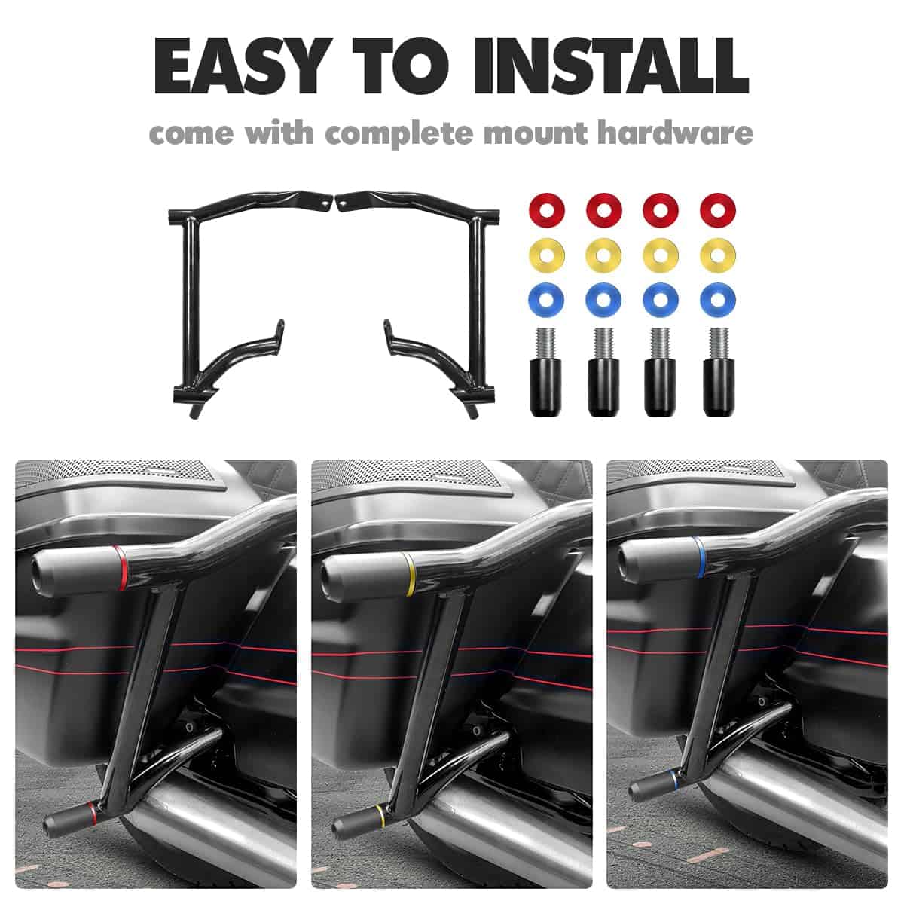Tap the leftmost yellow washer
click(x=546, y=255)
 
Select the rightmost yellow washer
click(x=718, y=255)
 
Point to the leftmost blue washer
click(x=546, y=301)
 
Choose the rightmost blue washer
click(x=718, y=301)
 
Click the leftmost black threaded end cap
click(x=545, y=372)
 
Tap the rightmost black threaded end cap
click(x=719, y=372)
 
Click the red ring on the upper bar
click(x=121, y=568)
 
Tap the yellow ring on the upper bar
click(x=410, y=574)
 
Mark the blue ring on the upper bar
click(x=698, y=557)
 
